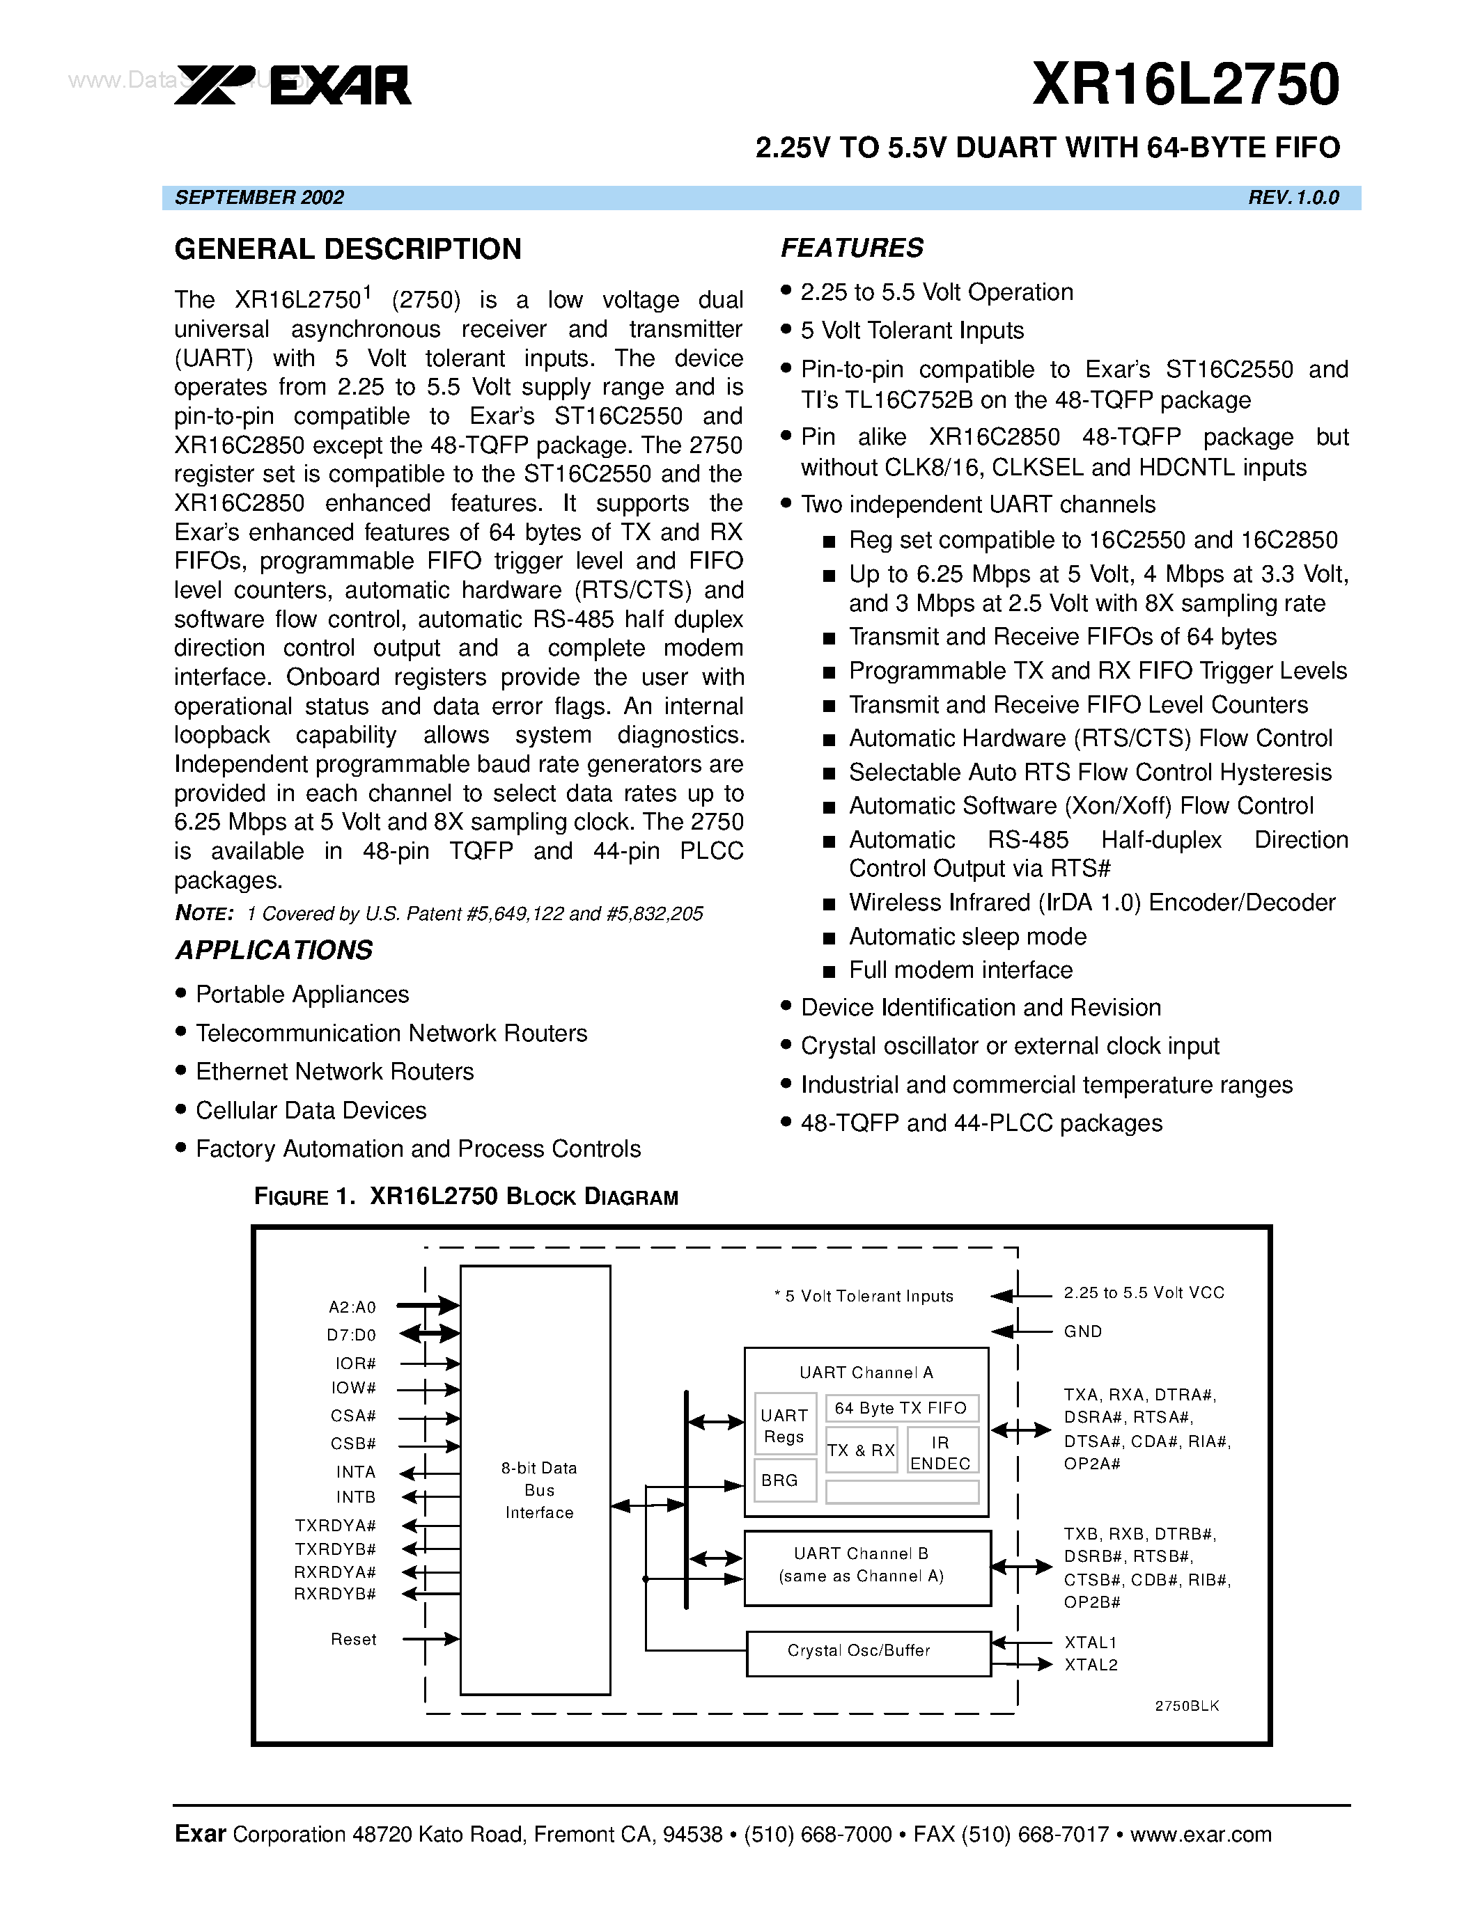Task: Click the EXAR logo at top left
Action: pyautogui.click(x=293, y=85)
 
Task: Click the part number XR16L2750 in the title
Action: pyautogui.click(x=1185, y=85)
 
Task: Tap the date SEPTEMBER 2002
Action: pyautogui.click(x=260, y=197)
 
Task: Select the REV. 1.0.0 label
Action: pyautogui.click(x=1293, y=197)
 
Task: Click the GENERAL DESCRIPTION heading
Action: pyautogui.click(x=348, y=249)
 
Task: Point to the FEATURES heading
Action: pyautogui.click(x=851, y=248)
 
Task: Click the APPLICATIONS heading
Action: pyautogui.click(x=274, y=950)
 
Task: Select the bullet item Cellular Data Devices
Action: pyautogui.click(x=311, y=1110)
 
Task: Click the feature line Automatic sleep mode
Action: pyautogui.click(x=967, y=937)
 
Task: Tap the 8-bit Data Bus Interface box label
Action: pyautogui.click(x=538, y=1490)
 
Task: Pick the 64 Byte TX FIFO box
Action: pyautogui.click(x=901, y=1408)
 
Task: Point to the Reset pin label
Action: pyautogui.click(x=353, y=1639)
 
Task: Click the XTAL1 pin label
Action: pyautogui.click(x=1090, y=1643)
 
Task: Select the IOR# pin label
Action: pyautogui.click(x=355, y=1363)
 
